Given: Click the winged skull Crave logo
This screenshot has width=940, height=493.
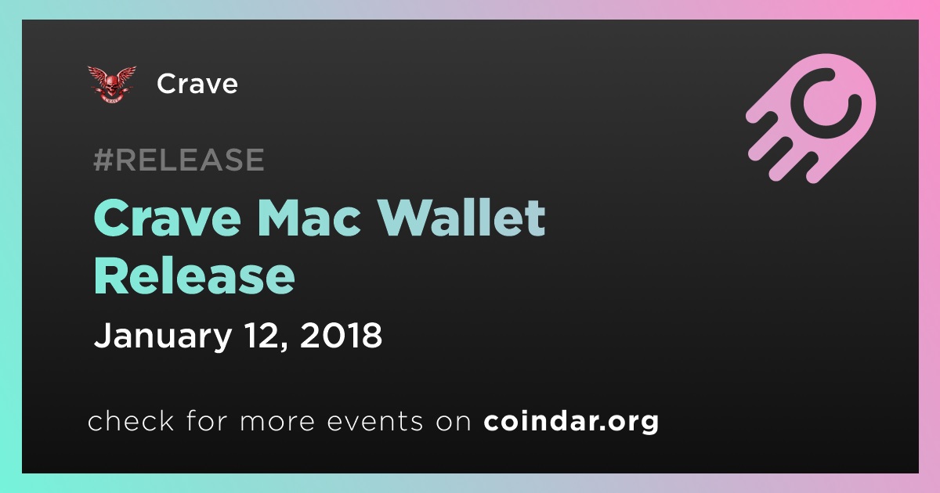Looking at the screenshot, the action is pyautogui.click(x=111, y=85).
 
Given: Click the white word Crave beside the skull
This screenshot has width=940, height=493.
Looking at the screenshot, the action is pyautogui.click(x=197, y=84).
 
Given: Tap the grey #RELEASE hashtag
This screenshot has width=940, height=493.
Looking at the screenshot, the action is pyautogui.click(x=179, y=160).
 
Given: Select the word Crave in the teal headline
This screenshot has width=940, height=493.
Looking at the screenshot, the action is pyautogui.click(x=168, y=218).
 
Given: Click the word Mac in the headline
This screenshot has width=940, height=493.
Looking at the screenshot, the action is pyautogui.click(x=309, y=218).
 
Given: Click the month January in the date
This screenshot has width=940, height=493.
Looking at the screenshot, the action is pyautogui.click(x=163, y=336).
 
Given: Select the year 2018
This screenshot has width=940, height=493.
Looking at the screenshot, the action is pyautogui.click(x=342, y=336).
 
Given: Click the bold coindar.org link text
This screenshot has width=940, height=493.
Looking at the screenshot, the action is pyautogui.click(x=571, y=421).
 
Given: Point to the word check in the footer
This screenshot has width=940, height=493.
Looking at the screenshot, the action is pyautogui.click(x=131, y=420).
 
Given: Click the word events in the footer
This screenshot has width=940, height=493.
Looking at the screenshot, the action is pyautogui.click(x=374, y=421).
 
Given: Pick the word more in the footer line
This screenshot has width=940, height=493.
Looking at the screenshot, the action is pyautogui.click(x=277, y=422).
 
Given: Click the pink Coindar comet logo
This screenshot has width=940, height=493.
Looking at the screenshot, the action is pyautogui.click(x=811, y=118).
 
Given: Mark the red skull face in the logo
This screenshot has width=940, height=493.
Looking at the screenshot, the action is pyautogui.click(x=111, y=85).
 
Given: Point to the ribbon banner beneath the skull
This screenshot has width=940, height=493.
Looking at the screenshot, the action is pyautogui.click(x=111, y=99).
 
